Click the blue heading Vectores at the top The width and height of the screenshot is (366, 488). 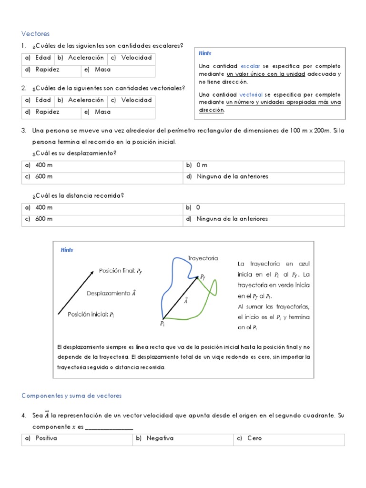(36, 33)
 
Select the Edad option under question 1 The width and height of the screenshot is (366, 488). (43, 58)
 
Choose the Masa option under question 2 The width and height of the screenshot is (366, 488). (102, 112)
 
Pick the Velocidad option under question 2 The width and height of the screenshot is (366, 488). (136, 100)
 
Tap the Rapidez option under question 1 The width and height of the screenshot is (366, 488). (47, 70)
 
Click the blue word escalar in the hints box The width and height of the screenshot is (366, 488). (250, 66)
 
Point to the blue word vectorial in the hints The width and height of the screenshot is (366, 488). (251, 94)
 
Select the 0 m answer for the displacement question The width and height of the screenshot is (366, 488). (202, 165)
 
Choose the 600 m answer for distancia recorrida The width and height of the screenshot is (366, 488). (44, 219)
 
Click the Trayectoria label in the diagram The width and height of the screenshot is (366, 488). (203, 258)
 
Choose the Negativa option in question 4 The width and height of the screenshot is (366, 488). (160, 438)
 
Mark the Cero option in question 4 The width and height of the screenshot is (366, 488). (254, 438)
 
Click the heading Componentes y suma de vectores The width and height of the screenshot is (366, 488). (71, 396)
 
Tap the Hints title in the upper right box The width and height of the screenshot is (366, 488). (205, 53)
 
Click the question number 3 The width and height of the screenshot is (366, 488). (23, 130)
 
